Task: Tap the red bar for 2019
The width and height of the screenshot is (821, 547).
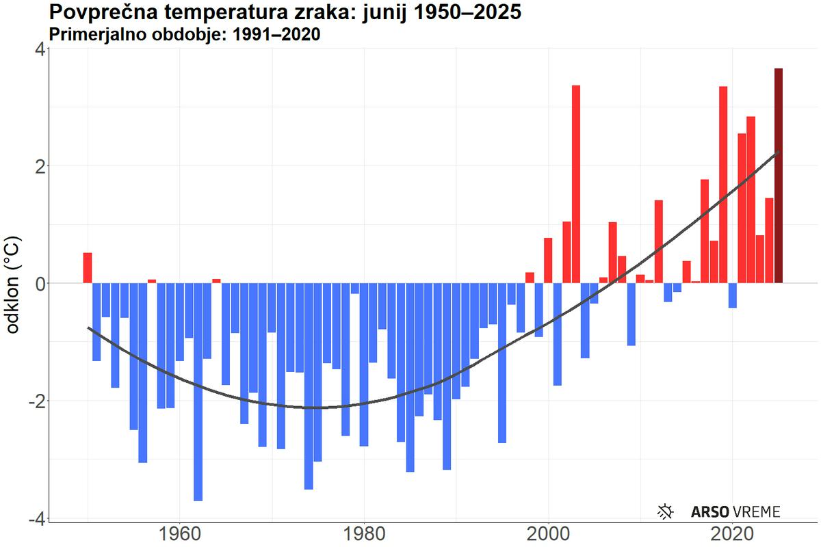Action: [723, 184]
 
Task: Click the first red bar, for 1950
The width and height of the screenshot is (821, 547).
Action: [88, 268]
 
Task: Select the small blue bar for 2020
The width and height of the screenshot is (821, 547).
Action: [733, 295]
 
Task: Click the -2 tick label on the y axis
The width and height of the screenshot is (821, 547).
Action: [36, 401]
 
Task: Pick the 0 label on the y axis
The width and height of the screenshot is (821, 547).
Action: [40, 283]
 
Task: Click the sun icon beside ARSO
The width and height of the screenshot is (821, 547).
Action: [666, 511]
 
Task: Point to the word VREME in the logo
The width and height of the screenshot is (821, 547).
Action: [756, 511]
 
